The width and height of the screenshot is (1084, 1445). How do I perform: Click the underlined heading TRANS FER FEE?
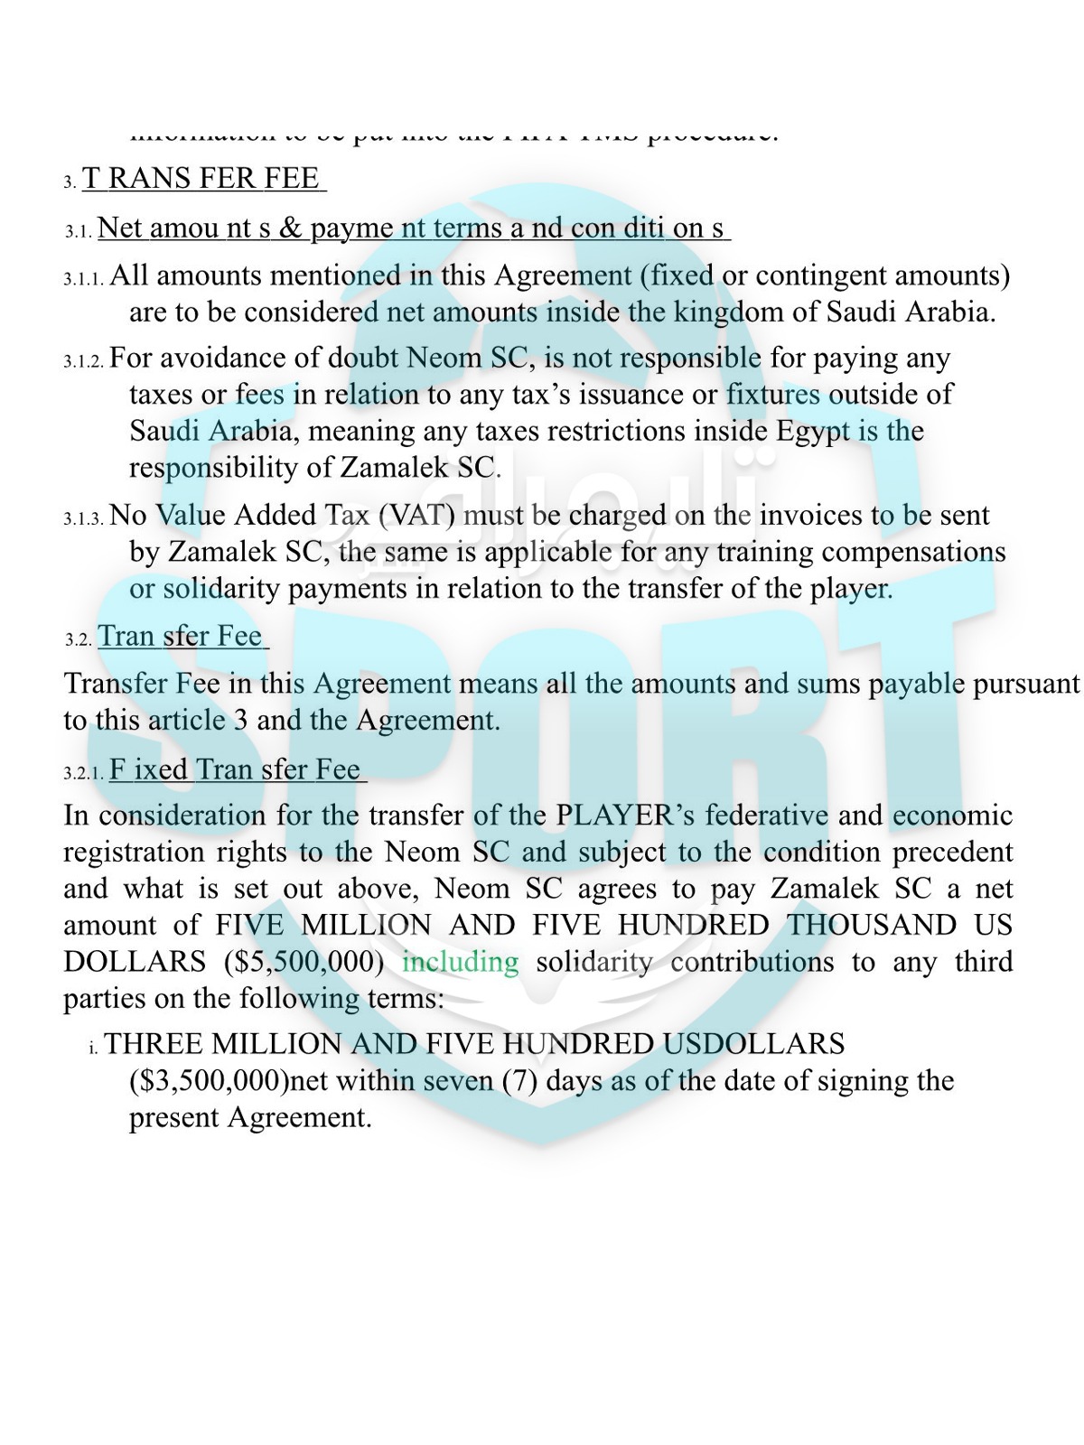203,178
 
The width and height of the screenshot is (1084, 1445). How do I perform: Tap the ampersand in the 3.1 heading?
290,228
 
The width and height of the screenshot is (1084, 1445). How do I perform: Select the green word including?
461,962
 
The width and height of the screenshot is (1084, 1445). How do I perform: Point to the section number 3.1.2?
84,361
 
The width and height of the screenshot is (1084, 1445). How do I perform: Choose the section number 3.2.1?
84,773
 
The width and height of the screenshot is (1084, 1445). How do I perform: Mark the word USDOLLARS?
753,1044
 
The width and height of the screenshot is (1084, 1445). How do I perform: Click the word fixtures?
773,395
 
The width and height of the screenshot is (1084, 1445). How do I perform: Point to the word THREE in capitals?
151,1044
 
